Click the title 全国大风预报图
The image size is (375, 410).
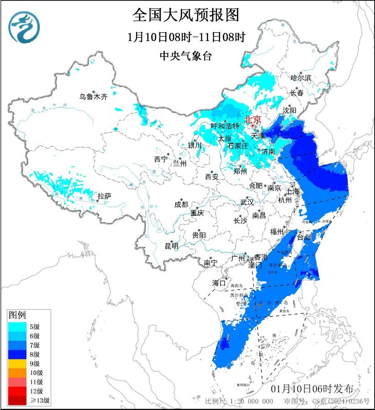coord(186,15)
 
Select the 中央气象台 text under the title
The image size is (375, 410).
coord(186,56)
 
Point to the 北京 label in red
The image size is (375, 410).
coord(253,119)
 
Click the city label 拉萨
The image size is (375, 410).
coord(104,197)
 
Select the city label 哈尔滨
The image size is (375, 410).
coord(301,78)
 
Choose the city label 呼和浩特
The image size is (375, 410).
coord(225,126)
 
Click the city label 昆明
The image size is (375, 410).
coord(172,246)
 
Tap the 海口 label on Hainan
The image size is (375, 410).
coord(219,283)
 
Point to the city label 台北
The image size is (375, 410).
coord(304,237)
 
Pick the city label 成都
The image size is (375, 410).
coord(181,205)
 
